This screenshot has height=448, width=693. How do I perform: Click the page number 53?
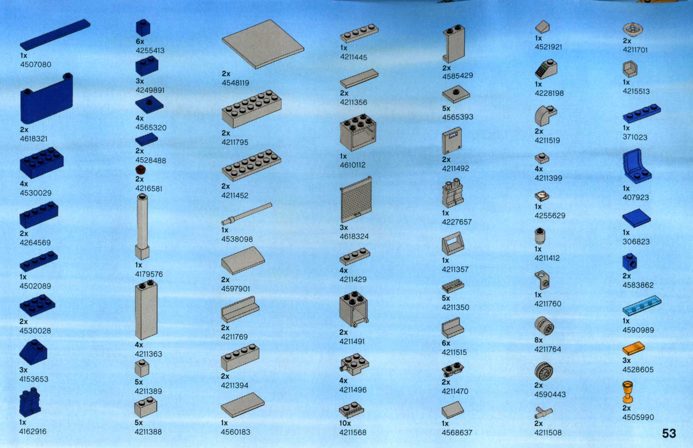(x=669, y=433)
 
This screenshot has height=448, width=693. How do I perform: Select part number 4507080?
(x=35, y=64)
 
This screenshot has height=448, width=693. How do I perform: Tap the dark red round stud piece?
(x=141, y=170)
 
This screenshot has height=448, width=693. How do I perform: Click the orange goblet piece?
(x=628, y=392)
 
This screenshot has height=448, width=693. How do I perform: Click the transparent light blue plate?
(x=642, y=306)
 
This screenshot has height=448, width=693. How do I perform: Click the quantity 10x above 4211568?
(x=345, y=423)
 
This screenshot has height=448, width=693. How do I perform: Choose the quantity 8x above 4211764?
(x=539, y=340)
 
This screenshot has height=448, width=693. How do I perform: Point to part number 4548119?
(x=235, y=83)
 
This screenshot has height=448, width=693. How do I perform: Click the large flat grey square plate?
(x=263, y=44)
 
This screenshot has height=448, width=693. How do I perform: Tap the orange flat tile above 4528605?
(x=633, y=348)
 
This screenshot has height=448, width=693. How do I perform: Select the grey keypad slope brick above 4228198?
(x=546, y=69)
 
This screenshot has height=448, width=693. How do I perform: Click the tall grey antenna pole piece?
(x=142, y=226)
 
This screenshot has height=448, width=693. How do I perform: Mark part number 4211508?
(x=548, y=433)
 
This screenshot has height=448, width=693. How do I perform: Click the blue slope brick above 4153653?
(x=33, y=352)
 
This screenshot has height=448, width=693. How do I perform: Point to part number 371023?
(x=635, y=137)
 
